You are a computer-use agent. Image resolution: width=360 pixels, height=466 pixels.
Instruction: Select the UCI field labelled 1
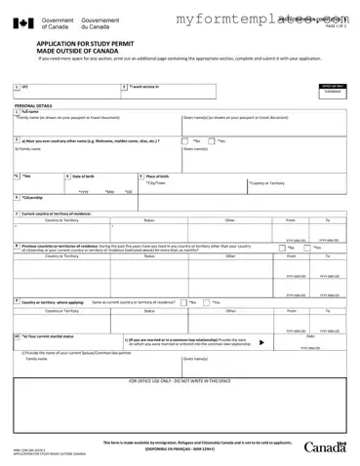tap(59, 90)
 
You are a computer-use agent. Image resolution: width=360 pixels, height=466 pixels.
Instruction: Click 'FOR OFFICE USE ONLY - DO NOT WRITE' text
tap(180, 380)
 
